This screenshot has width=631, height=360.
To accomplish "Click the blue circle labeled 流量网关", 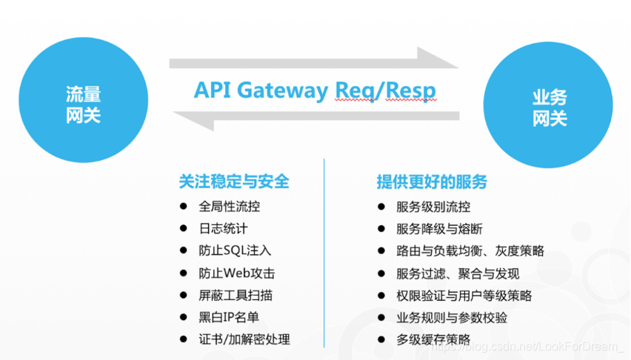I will pos(83,104).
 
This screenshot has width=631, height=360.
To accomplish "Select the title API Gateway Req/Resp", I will pos(315,90).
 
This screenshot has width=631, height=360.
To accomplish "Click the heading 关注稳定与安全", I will pos(234,181).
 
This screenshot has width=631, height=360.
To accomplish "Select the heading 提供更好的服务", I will pos(432,182).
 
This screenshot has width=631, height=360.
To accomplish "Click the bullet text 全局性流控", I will pos(230,207).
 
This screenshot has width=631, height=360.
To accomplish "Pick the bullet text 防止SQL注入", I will pos(236,251).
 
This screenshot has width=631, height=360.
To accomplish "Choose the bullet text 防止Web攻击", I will pos(237,273).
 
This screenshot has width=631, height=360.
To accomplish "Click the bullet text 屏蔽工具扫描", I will pos(236,295).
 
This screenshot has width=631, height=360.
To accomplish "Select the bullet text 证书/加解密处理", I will pos(244,339).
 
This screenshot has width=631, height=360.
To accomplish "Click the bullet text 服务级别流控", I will pos(433,207).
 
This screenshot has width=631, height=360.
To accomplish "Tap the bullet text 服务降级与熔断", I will pos(439,230).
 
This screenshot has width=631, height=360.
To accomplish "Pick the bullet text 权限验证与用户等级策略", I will pos(464,296).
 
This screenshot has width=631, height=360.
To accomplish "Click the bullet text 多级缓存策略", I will pos(433,340).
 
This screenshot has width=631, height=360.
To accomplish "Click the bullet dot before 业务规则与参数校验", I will pos(381,318).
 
